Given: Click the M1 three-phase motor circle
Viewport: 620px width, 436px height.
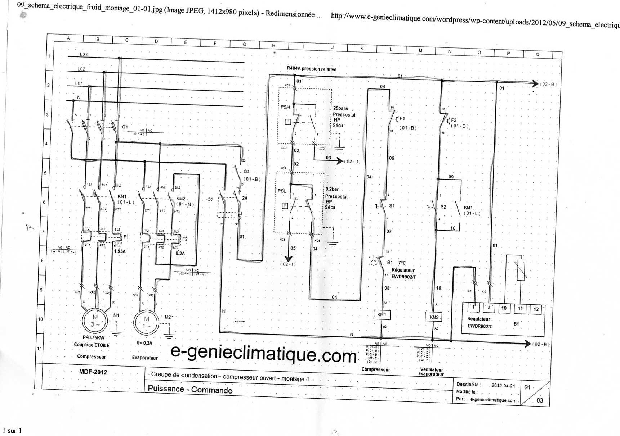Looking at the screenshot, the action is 95,320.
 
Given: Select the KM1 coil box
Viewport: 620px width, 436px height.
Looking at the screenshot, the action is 382,315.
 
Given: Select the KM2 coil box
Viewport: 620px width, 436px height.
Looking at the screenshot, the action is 434,317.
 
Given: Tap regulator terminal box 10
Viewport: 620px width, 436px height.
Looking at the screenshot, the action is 504,308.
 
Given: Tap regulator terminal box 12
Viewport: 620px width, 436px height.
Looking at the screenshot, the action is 536,309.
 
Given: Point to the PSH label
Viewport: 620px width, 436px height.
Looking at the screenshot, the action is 285,107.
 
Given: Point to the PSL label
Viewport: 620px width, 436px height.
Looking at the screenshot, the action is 282,191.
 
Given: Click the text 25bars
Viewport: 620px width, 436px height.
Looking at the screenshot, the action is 340,108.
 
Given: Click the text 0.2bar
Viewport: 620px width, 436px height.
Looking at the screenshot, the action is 332,189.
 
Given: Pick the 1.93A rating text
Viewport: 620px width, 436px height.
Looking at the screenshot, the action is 120,251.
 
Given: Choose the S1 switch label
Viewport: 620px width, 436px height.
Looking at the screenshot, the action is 392,206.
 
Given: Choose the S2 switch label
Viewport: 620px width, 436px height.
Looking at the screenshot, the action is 443,207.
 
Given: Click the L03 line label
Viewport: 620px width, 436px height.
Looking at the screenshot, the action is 84,54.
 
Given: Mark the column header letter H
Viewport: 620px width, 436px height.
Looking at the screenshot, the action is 274,45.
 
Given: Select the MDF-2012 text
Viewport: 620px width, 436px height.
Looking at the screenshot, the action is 93,372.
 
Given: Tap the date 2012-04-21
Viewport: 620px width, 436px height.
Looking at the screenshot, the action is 503,386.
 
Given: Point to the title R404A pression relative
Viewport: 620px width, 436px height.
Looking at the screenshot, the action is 312,69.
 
